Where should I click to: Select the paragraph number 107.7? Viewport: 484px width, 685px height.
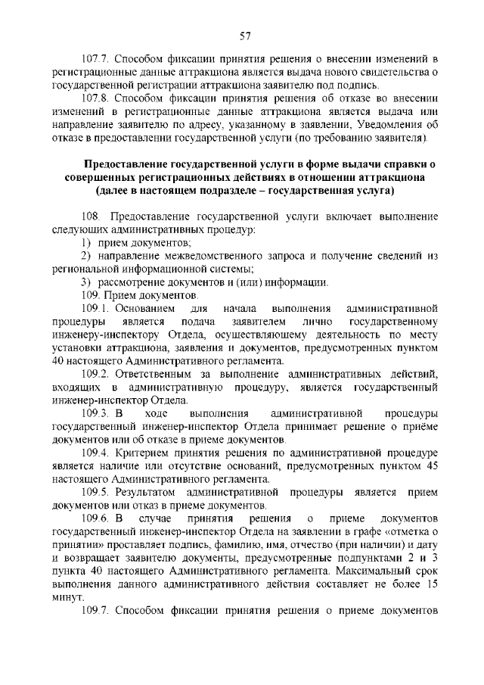point(95,58)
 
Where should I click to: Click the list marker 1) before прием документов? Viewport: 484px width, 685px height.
point(87,242)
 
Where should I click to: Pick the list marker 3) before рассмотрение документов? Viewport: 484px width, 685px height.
point(87,282)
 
